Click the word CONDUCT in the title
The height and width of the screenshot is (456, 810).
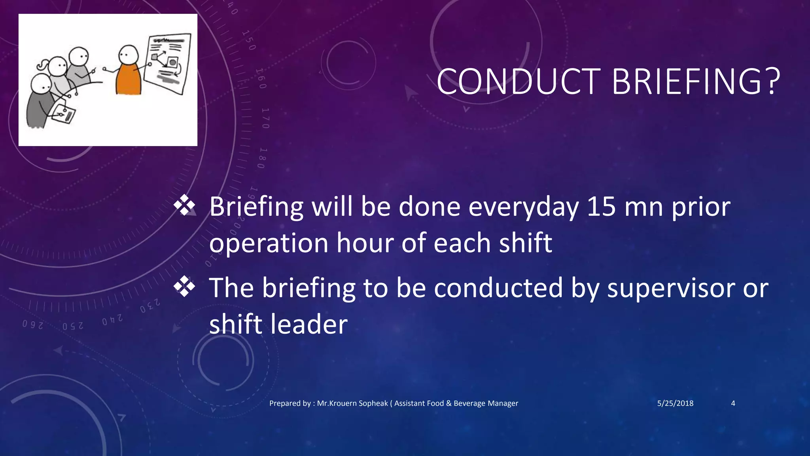(x=518, y=82)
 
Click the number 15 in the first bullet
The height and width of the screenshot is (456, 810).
(x=601, y=207)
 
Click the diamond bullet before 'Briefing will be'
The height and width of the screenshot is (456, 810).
(x=184, y=206)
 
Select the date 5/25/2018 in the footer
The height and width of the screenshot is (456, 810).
(x=675, y=403)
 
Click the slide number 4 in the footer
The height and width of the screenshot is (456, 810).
(x=733, y=403)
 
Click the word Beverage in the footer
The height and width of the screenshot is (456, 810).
(x=469, y=403)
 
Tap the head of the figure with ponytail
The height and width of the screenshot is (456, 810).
(x=57, y=66)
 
